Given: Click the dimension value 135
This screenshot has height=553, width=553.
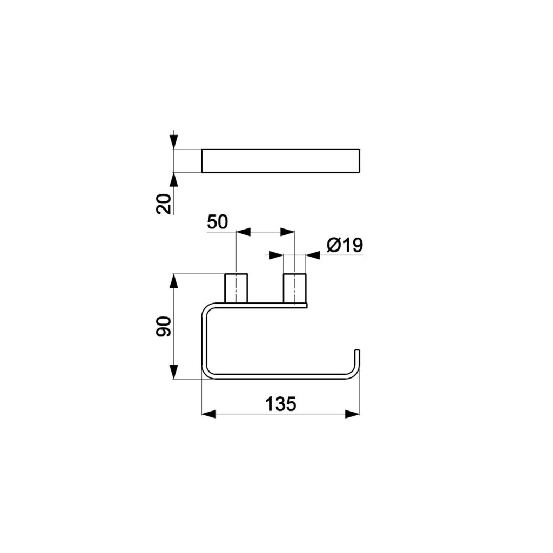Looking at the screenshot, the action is (281, 404).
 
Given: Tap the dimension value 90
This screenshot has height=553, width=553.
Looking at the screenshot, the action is (164, 326).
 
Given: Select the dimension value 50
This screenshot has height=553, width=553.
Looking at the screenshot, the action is (217, 222).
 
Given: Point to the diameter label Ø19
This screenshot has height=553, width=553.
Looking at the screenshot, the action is (345, 245).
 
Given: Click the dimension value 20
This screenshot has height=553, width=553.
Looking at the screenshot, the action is (164, 204).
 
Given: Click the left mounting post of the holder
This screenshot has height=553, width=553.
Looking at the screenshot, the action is (236, 288).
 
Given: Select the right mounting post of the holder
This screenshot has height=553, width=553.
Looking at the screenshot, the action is (294, 288).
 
